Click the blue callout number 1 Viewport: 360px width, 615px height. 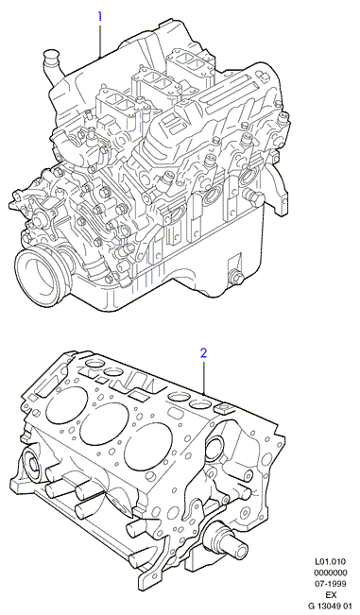point(100,16)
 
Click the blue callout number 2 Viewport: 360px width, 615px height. point(203,353)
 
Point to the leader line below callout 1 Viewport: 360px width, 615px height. point(100,41)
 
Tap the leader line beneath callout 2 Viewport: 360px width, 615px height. point(204,377)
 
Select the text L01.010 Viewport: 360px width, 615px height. point(333,562)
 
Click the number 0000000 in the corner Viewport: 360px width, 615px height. point(333,572)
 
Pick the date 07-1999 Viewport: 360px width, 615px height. point(333,584)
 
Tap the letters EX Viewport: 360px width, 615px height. point(333,594)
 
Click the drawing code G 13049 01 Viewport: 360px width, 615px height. point(330,606)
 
